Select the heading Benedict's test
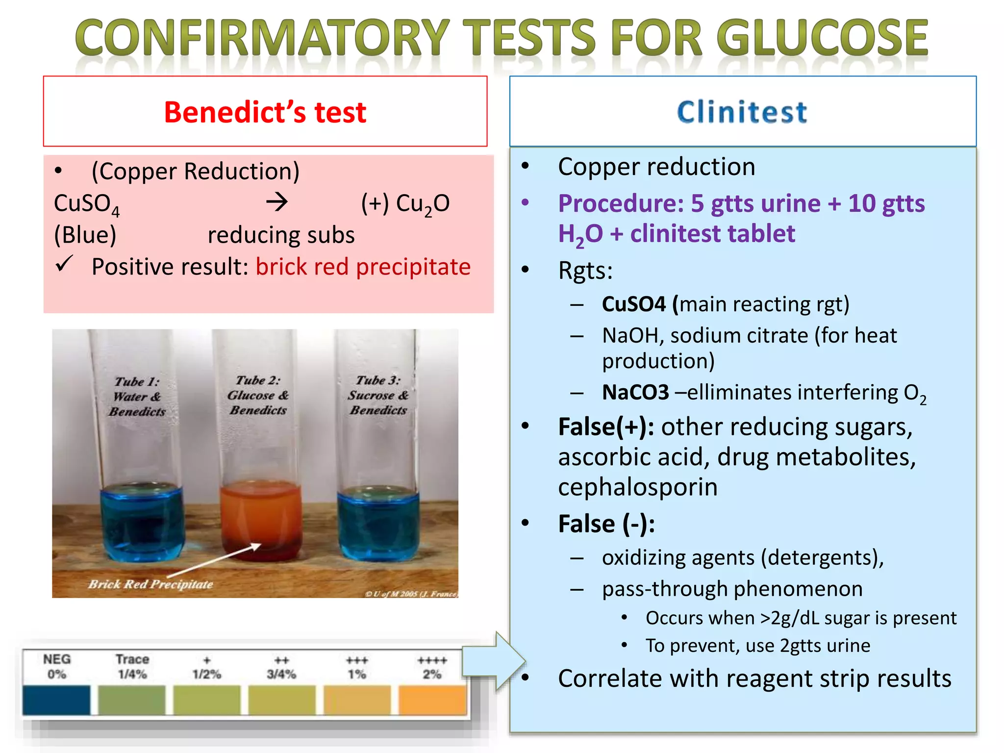tap(265, 112)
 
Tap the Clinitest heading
tap(742, 112)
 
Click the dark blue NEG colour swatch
tap(56, 700)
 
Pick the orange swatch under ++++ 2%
tap(432, 700)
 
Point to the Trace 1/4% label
tap(132, 667)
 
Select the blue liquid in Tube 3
tap(379, 522)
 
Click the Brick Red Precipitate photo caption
tap(151, 584)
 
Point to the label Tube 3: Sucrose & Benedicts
tap(378, 395)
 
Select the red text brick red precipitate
tap(363, 267)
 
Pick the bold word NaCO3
tap(635, 393)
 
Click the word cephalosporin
tap(638, 487)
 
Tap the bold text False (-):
tap(606, 524)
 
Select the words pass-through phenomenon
tap(732, 589)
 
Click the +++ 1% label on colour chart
tap(357, 667)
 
